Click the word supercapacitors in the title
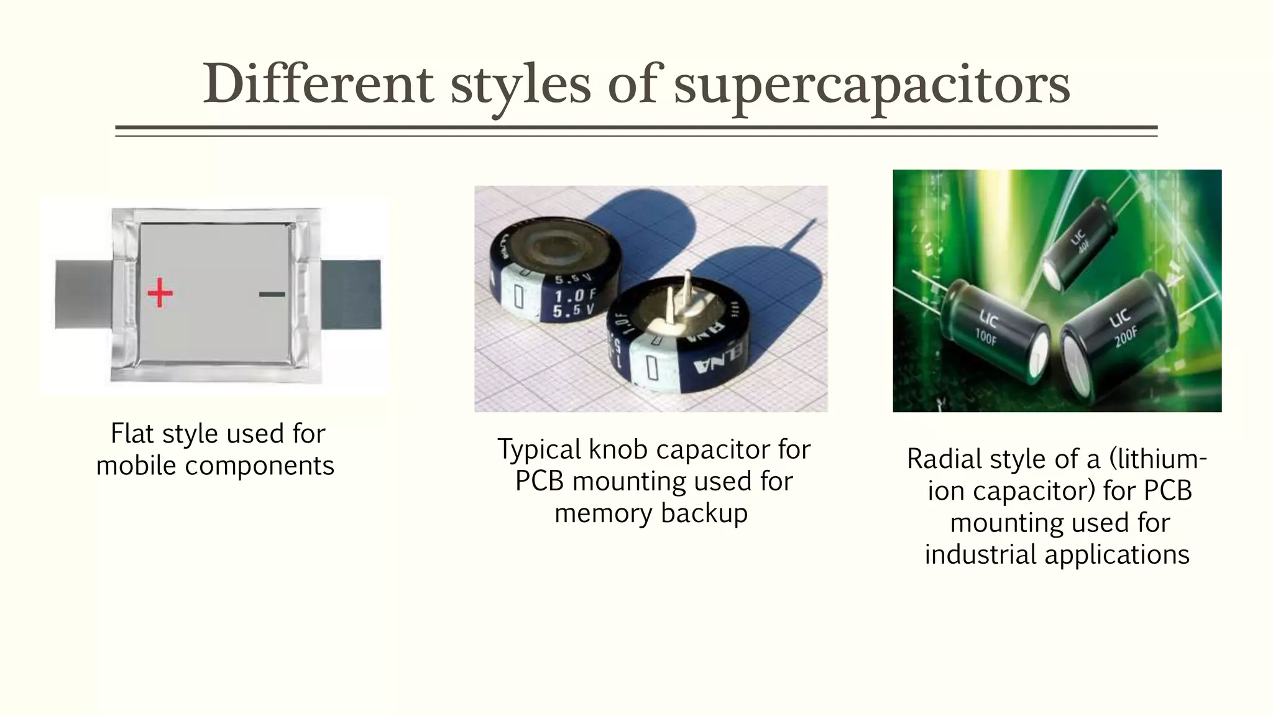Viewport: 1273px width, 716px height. (871, 85)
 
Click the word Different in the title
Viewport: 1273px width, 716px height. (318, 84)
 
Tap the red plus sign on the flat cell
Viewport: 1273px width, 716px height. (160, 293)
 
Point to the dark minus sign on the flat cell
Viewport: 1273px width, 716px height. (272, 294)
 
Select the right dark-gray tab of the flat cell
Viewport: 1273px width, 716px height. (351, 294)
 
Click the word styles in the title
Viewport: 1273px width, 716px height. (520, 85)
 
